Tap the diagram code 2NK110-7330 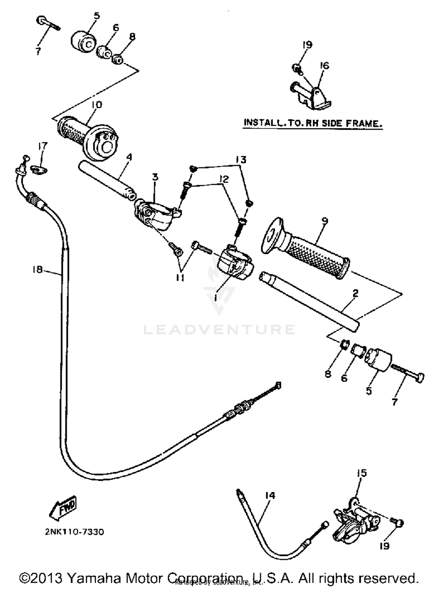74,532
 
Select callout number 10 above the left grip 97,105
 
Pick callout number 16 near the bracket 324,65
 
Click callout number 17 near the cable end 43,146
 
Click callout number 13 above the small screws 241,160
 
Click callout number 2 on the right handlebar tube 355,293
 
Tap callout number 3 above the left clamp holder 155,177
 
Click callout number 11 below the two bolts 180,277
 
